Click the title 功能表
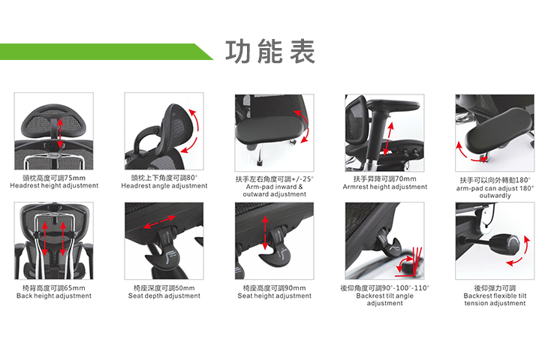coord(270,51)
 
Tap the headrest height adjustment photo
coord(54,133)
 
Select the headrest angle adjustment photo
coord(164,133)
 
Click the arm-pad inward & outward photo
coord(274,133)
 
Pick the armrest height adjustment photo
coord(384,133)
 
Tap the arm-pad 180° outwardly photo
coord(495,133)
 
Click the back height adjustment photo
coord(54,241)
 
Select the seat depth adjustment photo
coord(164,241)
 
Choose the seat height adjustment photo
coord(274,241)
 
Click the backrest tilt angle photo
coord(384,241)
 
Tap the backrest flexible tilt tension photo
coord(495,241)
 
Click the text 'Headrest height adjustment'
coord(54,186)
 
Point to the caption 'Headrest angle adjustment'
coord(164,186)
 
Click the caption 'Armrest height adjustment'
coord(384,187)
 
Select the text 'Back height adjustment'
coord(54,296)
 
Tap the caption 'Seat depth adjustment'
coord(164,296)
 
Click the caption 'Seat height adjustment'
coord(274,296)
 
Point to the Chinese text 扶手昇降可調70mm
coord(384,178)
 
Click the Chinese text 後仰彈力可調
coord(495,288)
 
